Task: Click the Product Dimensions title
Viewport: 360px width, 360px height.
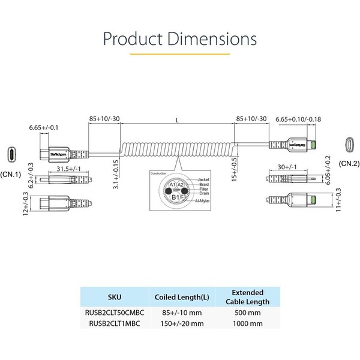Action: tap(179, 39)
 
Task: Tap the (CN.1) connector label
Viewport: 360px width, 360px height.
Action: tap(11, 175)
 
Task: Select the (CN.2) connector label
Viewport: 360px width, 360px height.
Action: tap(349, 163)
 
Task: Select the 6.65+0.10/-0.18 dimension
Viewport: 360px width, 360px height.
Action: tap(298, 119)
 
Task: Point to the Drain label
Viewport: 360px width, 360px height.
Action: tap(203, 194)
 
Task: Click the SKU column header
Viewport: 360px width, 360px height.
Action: tap(113, 296)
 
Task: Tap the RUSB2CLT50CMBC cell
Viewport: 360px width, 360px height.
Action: tap(113, 312)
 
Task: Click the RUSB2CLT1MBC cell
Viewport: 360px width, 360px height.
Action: tap(113, 323)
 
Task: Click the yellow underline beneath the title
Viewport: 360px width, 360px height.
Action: tap(179, 55)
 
